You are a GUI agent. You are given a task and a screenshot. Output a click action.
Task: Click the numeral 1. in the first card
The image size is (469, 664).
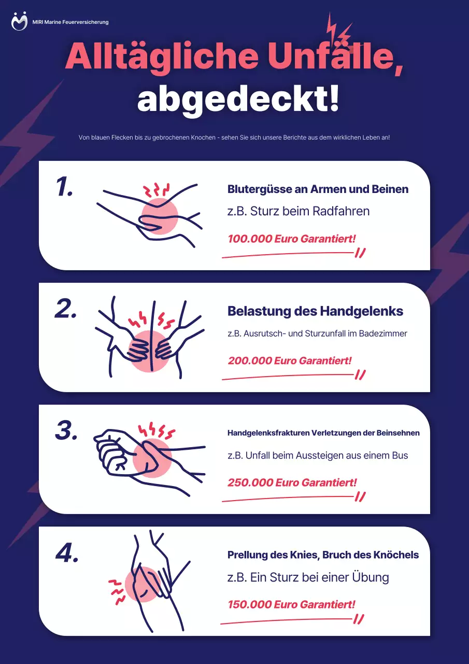pos(64,187)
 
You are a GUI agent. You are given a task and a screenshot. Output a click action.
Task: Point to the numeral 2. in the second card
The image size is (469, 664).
pos(65,309)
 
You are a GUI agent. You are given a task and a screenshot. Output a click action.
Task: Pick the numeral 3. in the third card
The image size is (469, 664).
pos(66,431)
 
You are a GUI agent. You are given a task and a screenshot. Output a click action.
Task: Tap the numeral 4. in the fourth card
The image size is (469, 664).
pos(67,553)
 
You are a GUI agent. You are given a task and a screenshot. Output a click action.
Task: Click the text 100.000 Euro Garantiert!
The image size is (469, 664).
pos(292,239)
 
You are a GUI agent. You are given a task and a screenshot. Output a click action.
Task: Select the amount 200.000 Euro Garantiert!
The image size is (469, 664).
pos(289,361)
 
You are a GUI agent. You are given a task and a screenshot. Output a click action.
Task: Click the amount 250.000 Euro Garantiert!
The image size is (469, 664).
pos(292,482)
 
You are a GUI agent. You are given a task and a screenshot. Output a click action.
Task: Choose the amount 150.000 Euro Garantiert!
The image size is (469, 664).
pos(291,604)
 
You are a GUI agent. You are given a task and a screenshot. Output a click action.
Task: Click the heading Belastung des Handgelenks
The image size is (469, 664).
pos(315,311)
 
